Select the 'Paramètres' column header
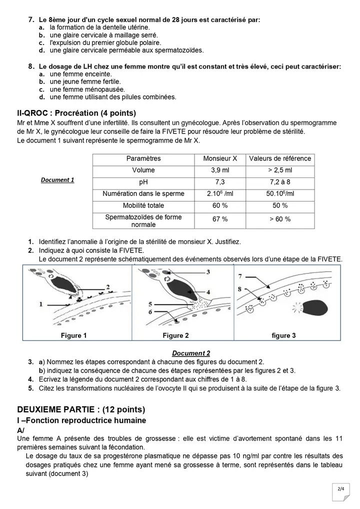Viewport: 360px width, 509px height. point(143,158)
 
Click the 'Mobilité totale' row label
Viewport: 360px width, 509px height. point(143,205)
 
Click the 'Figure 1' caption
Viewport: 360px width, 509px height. point(74,335)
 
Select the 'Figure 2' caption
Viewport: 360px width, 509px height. point(175,335)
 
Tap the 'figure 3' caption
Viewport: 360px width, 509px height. point(283,335)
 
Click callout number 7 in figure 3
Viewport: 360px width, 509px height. point(240,276)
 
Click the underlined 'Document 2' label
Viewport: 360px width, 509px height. point(191,353)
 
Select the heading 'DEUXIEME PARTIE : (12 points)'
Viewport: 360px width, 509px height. point(81,409)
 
